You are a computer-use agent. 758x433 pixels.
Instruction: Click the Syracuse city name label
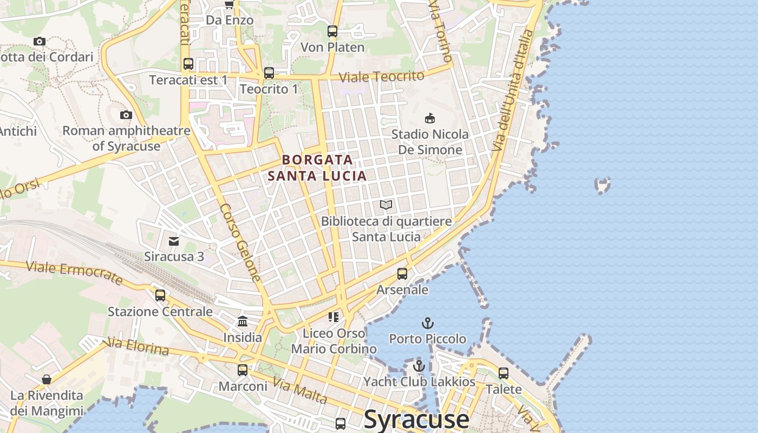(x=416, y=419)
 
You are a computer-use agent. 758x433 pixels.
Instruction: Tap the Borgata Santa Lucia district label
(x=317, y=168)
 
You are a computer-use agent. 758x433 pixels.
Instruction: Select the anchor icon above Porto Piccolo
(x=428, y=323)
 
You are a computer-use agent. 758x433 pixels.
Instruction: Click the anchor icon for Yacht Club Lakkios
(x=419, y=366)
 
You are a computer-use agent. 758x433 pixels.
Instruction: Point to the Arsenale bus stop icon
(x=402, y=274)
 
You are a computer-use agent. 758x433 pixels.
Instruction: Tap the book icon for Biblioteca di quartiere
(x=385, y=205)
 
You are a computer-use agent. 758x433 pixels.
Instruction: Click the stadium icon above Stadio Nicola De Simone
(x=430, y=118)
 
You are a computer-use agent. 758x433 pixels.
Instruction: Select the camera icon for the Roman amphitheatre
(x=126, y=115)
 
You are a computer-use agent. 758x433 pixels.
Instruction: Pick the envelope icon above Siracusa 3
(x=174, y=241)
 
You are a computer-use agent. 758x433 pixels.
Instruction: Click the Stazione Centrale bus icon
(x=160, y=296)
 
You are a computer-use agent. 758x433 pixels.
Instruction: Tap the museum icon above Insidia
(x=243, y=322)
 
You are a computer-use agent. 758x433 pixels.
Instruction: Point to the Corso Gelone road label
(x=241, y=242)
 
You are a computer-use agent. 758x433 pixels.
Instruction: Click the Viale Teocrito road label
(x=381, y=76)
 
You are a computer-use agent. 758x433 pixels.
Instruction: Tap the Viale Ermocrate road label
(x=75, y=272)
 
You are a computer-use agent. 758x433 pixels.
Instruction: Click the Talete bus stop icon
(x=504, y=373)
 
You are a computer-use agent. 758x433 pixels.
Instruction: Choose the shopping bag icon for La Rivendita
(x=47, y=379)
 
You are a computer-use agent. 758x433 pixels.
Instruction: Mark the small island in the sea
(x=602, y=185)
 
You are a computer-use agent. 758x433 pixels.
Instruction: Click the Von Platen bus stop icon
(x=332, y=31)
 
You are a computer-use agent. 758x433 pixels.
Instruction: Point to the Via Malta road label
(x=299, y=391)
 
